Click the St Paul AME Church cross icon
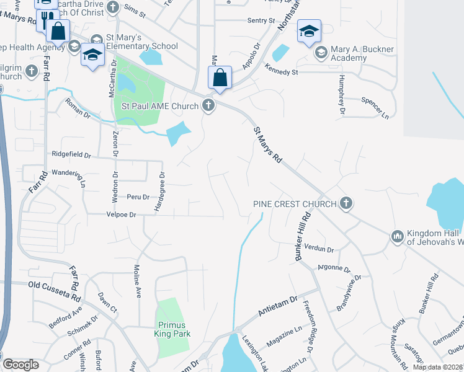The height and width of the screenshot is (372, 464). click(x=208, y=105)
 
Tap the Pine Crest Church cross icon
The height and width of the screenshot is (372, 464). click(x=346, y=203)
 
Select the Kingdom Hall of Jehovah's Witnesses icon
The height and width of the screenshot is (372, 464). click(x=397, y=236)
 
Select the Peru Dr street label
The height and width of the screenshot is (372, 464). click(x=138, y=197)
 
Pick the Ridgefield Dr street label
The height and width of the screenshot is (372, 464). click(x=71, y=154)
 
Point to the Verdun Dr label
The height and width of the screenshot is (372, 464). click(x=319, y=249)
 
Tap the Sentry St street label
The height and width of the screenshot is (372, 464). click(x=261, y=20)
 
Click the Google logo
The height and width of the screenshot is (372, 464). click(x=20, y=365)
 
